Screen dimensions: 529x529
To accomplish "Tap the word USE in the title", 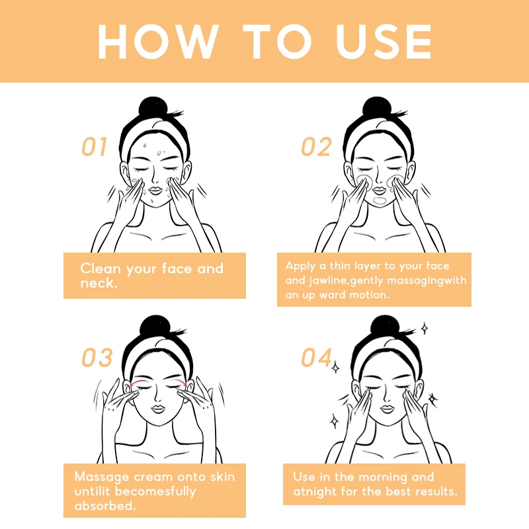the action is pos(384,42).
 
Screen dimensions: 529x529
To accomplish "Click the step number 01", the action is pos(95,147).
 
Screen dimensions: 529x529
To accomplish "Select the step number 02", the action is pos(316,147).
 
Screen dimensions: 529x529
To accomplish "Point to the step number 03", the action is pos(97,357).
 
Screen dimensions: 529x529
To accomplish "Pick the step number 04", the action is pos(317,357).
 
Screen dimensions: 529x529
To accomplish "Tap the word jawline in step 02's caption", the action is pos(328,280).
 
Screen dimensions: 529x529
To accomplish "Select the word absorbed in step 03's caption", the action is pos(104,505).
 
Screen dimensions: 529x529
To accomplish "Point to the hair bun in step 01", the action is pos(153,108).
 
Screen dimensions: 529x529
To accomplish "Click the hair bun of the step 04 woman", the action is pos(385,326).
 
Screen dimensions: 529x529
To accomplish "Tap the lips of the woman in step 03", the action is pos(158,409).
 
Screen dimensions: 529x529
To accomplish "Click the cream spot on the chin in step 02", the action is pos(380,201).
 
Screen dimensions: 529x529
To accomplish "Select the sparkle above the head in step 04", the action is pos(425,328).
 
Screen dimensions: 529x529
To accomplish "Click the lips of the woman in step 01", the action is pos(155,190).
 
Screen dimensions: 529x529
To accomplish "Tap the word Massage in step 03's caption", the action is pos(102,477).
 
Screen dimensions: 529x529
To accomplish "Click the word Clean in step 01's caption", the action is pos(101,268).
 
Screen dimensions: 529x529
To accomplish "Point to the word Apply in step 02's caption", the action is pos(300,266).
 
